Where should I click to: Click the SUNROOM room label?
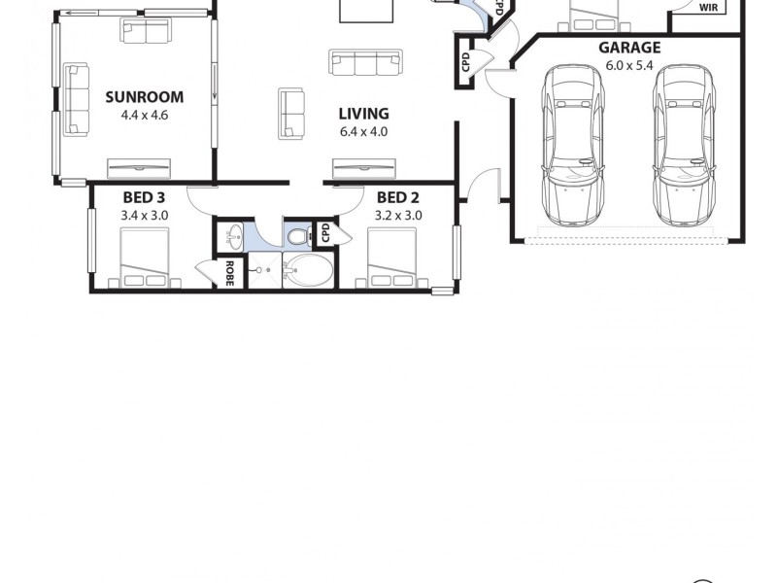coord(143,96)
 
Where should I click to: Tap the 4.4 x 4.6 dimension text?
coord(143,114)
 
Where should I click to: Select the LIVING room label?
coord(363,114)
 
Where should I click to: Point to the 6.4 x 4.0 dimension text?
coord(363,131)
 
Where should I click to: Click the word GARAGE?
coord(628,47)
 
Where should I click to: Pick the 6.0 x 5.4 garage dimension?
coord(628,64)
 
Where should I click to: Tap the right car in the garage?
coord(684,143)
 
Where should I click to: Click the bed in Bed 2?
coord(392,258)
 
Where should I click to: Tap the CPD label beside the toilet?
coord(325,234)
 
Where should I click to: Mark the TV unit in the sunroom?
coord(140,166)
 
